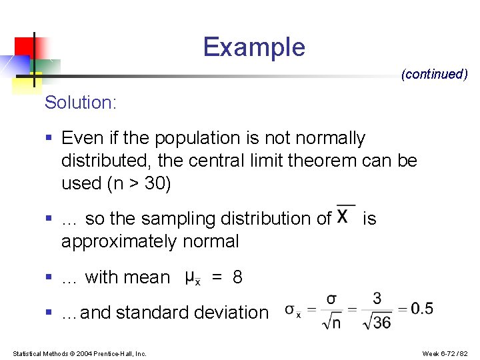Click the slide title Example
(x=254, y=47)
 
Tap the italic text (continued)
(x=434, y=74)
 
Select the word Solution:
(x=81, y=103)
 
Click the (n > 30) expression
(x=139, y=183)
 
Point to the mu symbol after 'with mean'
(x=191, y=277)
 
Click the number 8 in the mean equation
(x=237, y=277)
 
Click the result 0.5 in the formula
(x=422, y=309)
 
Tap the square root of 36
(x=376, y=323)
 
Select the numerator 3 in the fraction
(x=377, y=298)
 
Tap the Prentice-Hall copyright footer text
(x=79, y=353)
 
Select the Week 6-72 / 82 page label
(x=445, y=353)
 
